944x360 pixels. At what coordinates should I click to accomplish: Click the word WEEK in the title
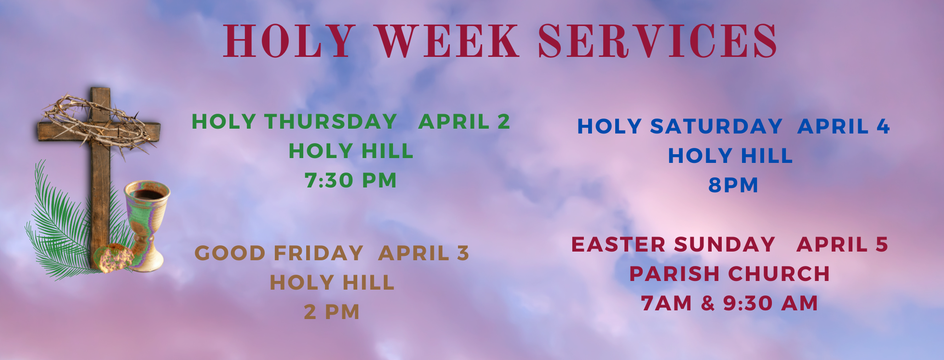tap(447, 42)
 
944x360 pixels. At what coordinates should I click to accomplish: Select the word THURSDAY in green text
tap(330, 121)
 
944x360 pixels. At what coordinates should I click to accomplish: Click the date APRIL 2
tap(464, 121)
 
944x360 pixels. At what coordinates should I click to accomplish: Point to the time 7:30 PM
tap(351, 181)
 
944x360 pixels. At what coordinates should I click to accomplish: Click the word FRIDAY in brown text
tap(318, 253)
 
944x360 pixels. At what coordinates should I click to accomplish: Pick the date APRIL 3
tap(423, 253)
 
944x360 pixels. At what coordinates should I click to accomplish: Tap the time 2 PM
tap(332, 312)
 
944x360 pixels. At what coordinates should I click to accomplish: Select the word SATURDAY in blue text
tap(716, 126)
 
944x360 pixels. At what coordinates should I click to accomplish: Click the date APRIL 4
tap(843, 126)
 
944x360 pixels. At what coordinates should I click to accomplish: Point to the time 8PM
tap(733, 185)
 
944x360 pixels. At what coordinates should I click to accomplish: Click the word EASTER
tap(619, 244)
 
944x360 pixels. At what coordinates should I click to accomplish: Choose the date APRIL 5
tap(842, 244)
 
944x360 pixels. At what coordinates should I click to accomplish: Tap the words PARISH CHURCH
tap(729, 274)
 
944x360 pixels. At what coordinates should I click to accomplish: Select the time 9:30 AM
tap(770, 303)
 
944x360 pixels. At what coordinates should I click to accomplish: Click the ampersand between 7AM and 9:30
tap(708, 303)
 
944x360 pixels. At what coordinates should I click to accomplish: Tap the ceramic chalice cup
tap(147, 212)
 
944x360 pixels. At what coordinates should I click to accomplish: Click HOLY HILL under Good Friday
tap(332, 282)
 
